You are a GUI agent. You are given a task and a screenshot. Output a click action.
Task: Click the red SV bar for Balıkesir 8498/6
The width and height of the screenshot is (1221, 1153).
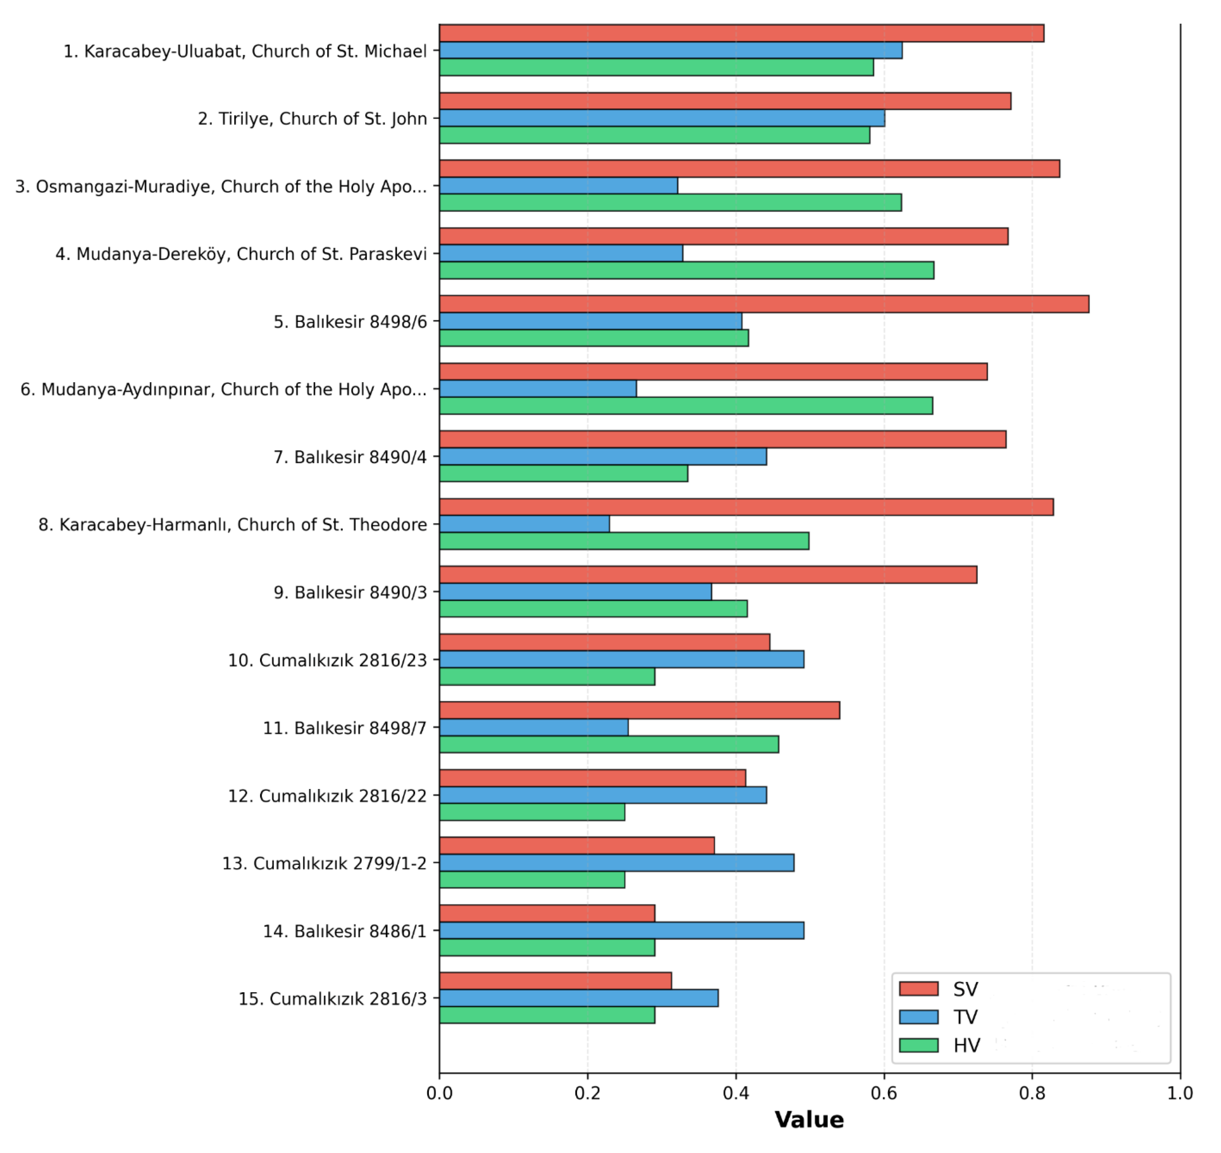(764, 304)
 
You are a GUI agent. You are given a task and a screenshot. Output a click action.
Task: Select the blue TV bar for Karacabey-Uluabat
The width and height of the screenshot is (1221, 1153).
(670, 51)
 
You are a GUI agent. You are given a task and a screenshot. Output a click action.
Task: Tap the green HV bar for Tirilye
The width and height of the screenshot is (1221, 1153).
(655, 135)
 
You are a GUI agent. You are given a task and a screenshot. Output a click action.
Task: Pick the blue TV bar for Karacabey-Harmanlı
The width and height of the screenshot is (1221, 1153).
(524, 524)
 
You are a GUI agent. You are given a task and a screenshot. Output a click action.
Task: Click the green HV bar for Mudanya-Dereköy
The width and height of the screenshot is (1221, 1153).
(686, 270)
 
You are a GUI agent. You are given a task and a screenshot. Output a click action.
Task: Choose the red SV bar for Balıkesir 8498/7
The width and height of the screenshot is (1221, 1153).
(639, 710)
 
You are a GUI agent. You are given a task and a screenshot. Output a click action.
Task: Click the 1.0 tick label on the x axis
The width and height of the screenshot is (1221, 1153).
(1180, 1093)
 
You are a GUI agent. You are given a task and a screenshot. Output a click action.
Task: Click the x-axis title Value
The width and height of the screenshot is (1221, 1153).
(809, 1120)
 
